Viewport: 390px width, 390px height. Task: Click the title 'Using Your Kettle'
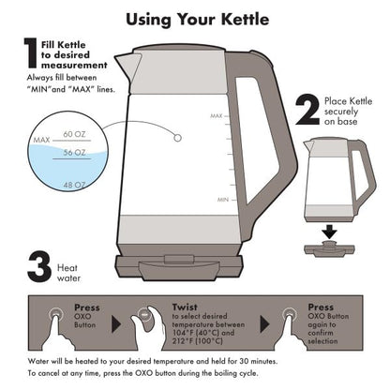click(x=194, y=18)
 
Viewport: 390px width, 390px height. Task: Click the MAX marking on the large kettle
click(x=215, y=115)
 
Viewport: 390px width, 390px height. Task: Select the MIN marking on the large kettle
click(x=223, y=201)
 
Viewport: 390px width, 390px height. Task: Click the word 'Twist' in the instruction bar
click(x=185, y=306)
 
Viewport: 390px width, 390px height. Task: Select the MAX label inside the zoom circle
click(x=40, y=140)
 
